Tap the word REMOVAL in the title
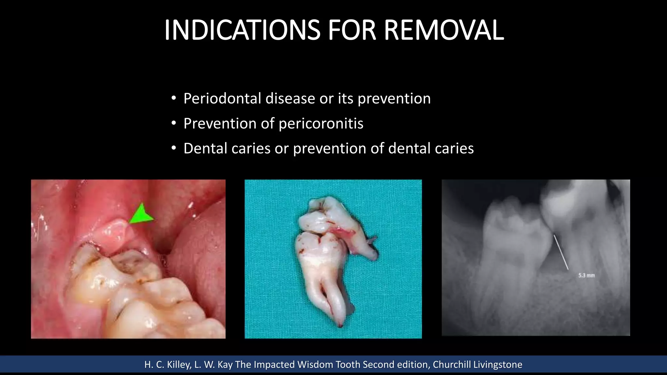tap(444, 30)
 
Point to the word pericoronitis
tap(321, 123)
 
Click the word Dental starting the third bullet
tap(205, 148)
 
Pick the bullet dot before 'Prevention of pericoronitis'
tap(174, 123)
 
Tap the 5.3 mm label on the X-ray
tap(586, 275)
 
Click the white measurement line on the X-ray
tap(561, 252)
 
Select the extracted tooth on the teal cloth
tap(329, 257)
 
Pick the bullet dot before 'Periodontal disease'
tap(174, 98)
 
